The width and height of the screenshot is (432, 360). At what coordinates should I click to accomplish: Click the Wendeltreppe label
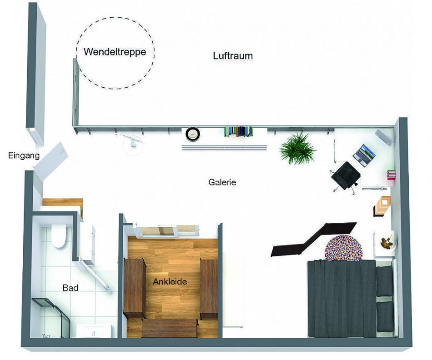(115, 52)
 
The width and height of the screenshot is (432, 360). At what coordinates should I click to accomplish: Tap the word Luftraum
(232, 56)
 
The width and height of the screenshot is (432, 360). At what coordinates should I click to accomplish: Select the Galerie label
(222, 182)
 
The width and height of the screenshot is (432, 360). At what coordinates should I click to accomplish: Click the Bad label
(70, 288)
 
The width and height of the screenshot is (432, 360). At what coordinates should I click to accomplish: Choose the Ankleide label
(170, 282)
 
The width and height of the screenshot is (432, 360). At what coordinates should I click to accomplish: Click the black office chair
(345, 175)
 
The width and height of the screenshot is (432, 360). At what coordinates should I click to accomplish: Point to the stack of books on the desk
(391, 175)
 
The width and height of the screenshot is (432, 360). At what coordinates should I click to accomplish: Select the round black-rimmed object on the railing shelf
(193, 134)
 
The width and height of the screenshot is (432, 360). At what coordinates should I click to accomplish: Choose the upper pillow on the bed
(385, 280)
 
